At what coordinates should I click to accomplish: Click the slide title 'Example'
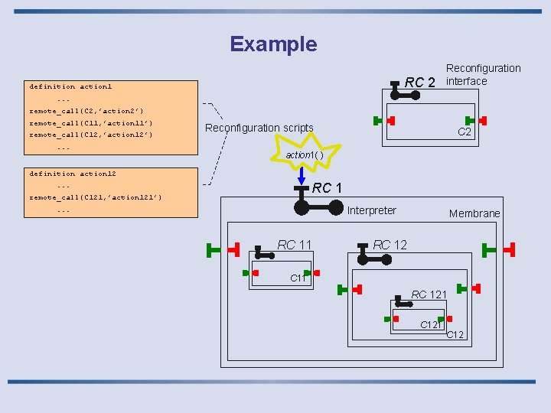coord(273,44)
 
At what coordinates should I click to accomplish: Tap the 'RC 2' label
coord(419,83)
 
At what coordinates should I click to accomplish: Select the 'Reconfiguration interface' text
coord(483,74)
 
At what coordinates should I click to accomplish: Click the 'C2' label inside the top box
coord(464,132)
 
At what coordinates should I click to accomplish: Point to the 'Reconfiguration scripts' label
coord(259,128)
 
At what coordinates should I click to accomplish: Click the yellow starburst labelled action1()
coord(305,152)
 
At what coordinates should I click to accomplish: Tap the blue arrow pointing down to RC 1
coord(302,175)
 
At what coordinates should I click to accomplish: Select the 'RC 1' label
coord(327,188)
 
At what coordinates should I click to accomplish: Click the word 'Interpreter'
coord(372,210)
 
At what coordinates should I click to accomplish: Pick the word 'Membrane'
coord(474,213)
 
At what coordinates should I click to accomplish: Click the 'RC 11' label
coord(295,245)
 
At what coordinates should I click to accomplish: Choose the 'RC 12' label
coord(390,245)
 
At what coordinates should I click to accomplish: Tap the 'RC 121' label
coord(429,294)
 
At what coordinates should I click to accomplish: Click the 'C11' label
coord(298,278)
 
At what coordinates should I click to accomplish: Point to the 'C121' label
coord(431,325)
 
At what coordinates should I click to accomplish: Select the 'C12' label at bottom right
coord(455,334)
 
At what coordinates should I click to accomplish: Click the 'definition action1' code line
coord(70,86)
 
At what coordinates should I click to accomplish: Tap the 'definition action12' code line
coord(73,174)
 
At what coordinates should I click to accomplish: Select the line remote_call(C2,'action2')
coord(86,111)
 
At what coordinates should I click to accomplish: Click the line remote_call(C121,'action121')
coord(95,197)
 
